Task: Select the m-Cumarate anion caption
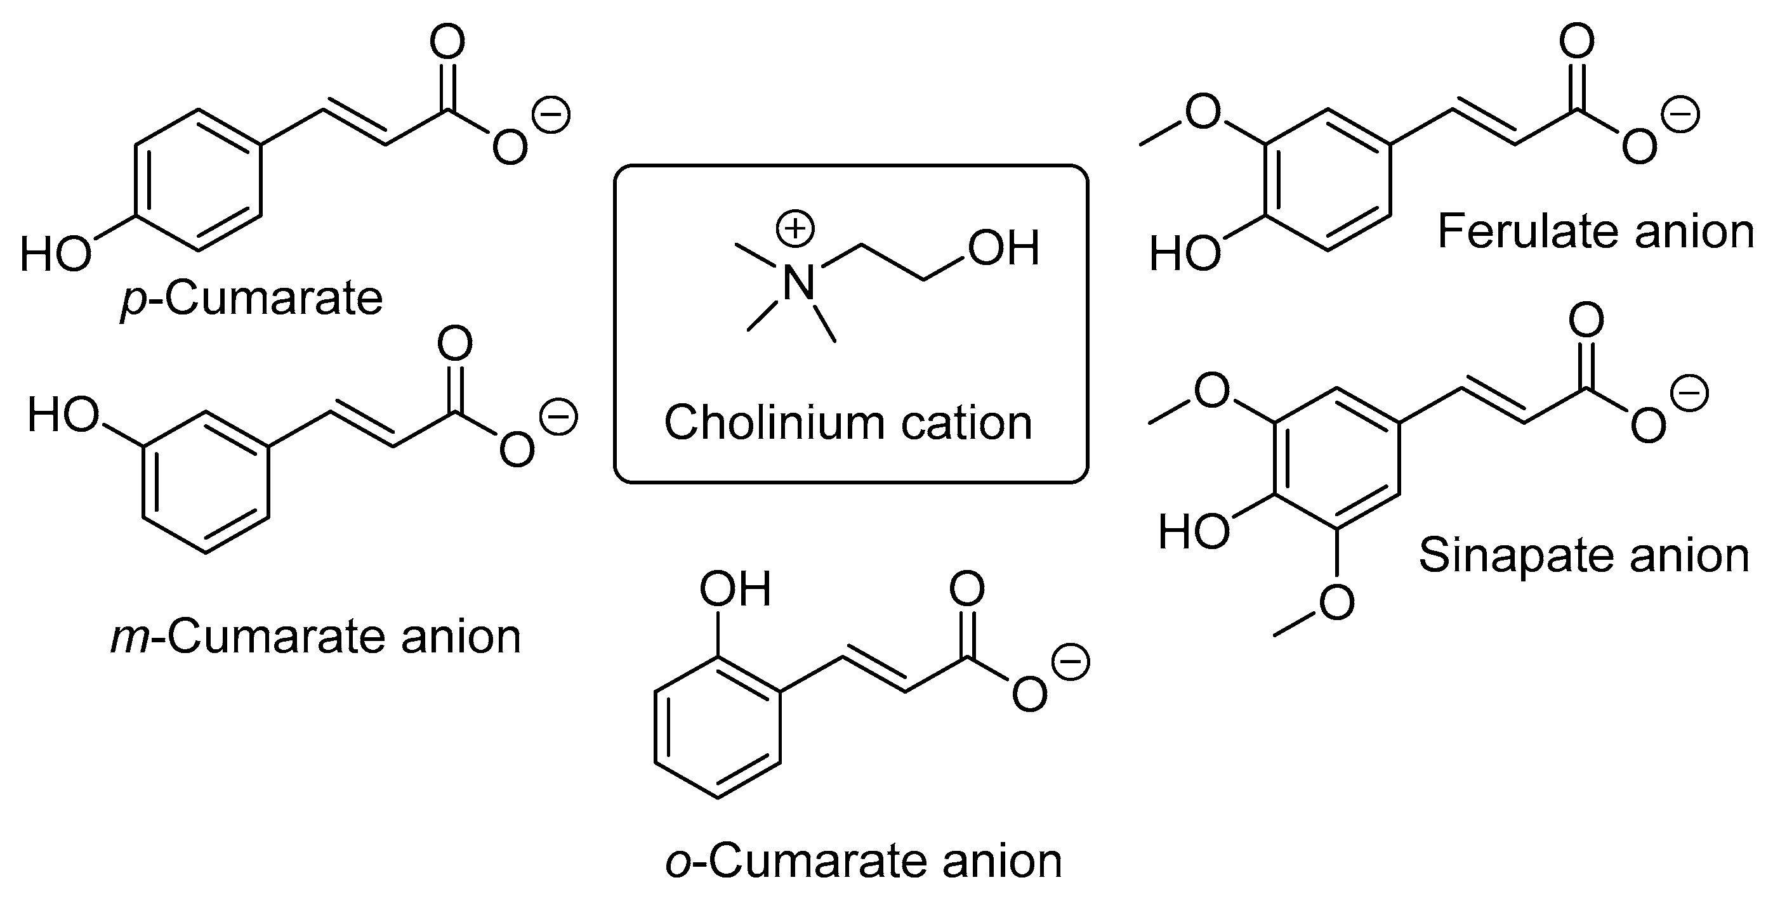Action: pos(316,636)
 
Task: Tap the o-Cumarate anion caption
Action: pos(864,861)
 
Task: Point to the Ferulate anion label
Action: pos(1595,231)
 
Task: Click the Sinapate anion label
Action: pos(1584,555)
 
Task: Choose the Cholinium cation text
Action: pos(848,423)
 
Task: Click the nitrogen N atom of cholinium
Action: pos(799,283)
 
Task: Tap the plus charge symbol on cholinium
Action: pos(796,230)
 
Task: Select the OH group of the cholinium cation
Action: pos(1003,248)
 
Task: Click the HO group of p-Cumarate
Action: pos(55,254)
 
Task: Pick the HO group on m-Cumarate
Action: pos(63,415)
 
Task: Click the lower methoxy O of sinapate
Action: pos(1336,602)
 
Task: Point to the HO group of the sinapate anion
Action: pos(1194,532)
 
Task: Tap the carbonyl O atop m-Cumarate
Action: pos(454,343)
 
